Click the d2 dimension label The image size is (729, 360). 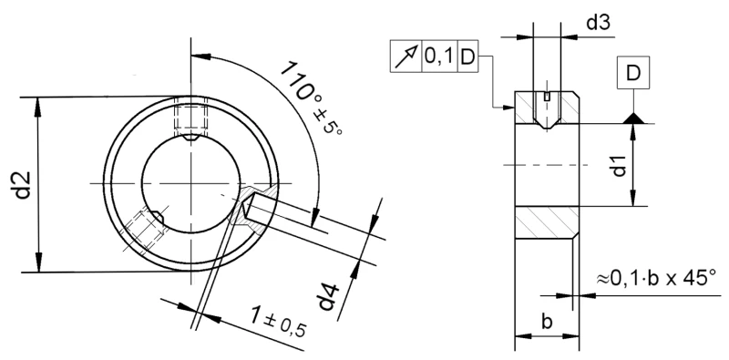coord(25,184)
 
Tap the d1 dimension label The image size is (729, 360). coord(620,166)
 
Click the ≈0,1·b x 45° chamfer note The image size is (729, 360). coord(656,275)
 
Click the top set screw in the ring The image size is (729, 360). coord(191,119)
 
